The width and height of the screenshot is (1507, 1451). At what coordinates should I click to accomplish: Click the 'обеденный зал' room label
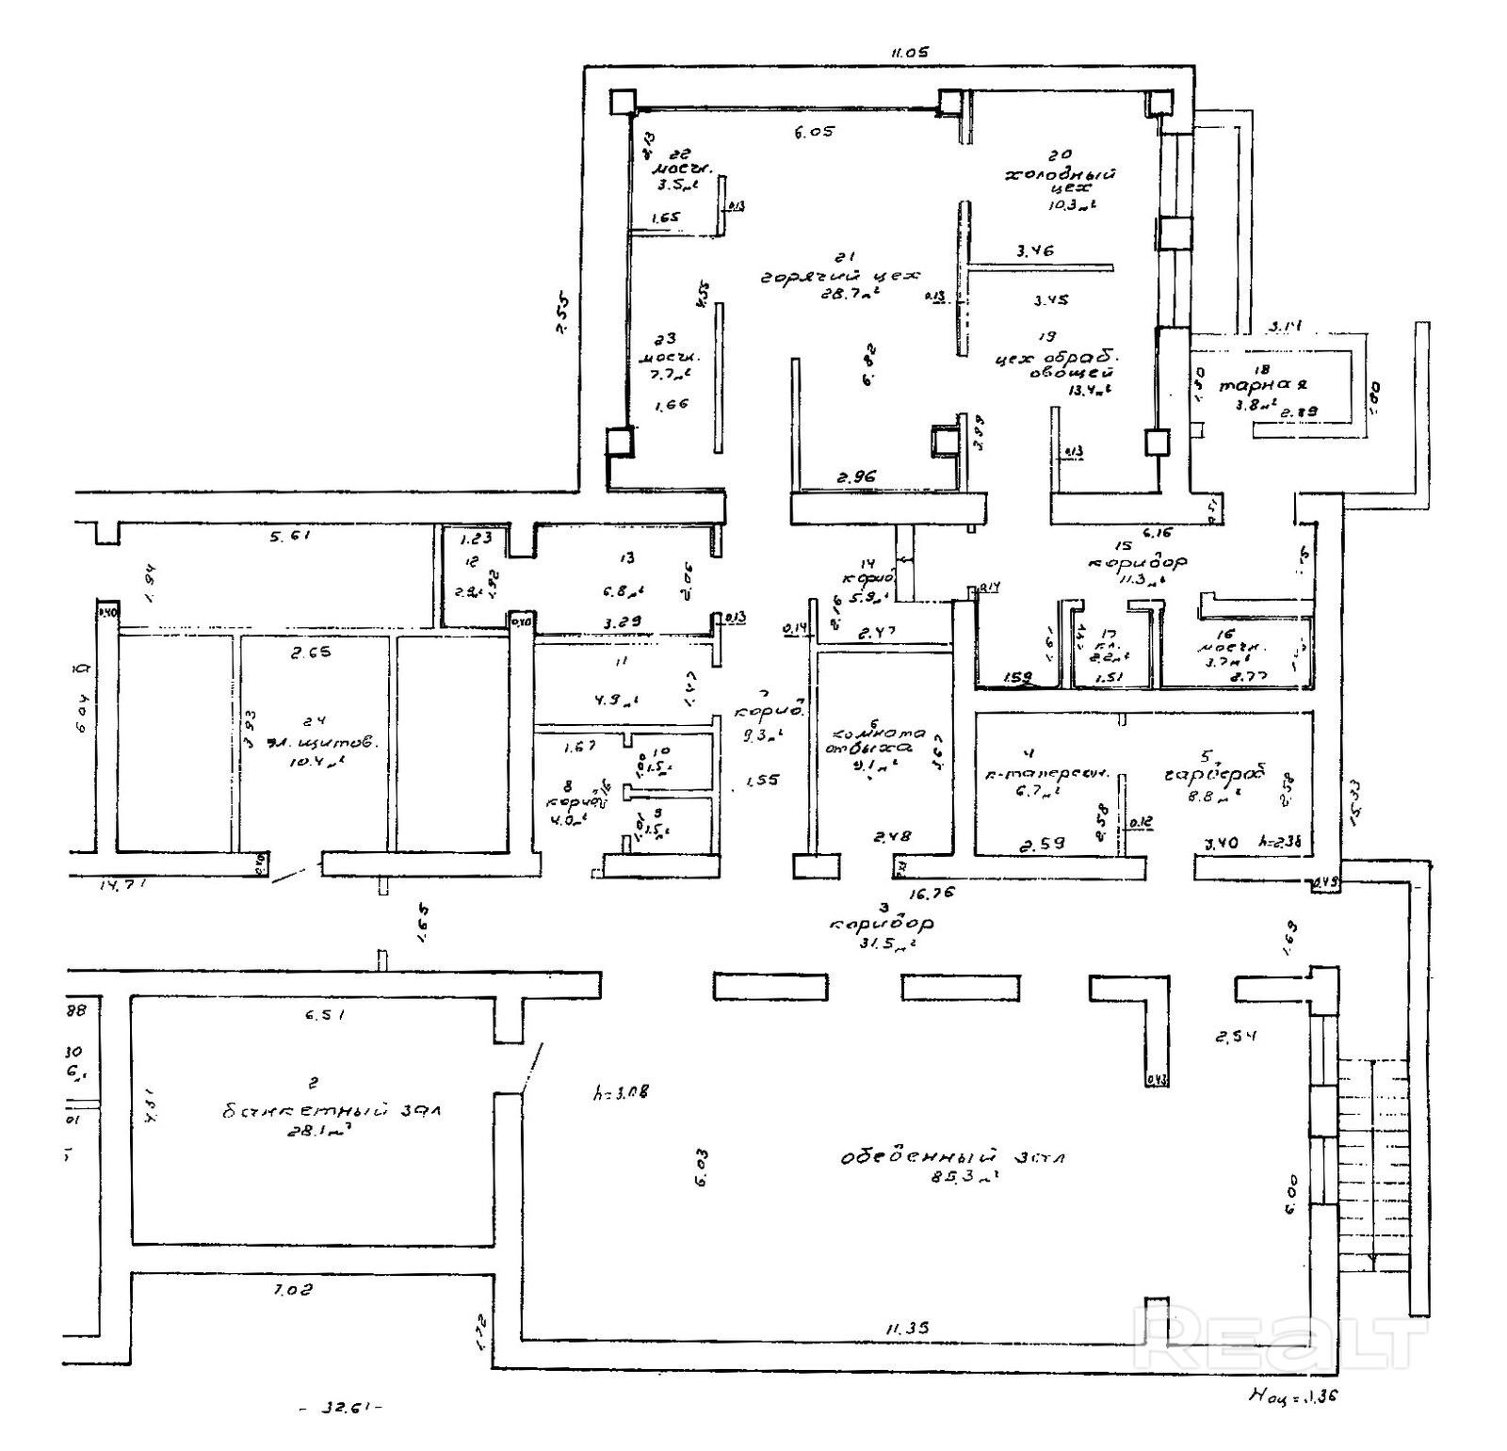(952, 1156)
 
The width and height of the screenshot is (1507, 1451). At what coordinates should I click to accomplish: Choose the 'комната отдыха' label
(875, 741)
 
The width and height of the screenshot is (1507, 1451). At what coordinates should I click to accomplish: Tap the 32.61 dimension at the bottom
(338, 1409)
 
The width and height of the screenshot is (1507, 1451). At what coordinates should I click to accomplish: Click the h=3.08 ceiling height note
(619, 1093)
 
